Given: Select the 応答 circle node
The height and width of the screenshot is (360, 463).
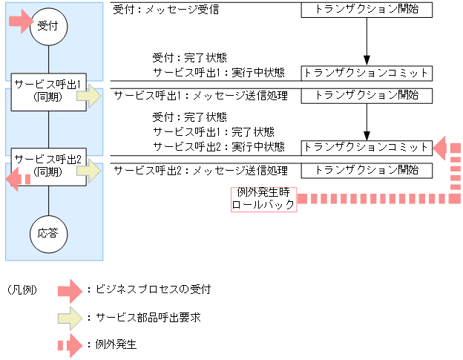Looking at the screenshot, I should [x=49, y=232].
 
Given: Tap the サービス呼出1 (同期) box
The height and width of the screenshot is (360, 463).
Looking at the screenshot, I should [x=49, y=91].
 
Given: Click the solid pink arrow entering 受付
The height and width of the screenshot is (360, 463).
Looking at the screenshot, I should [x=19, y=22].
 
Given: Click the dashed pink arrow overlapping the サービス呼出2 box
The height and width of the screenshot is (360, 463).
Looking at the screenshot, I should [x=19, y=179].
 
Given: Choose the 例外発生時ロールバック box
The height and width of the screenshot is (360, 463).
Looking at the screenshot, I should [x=264, y=199].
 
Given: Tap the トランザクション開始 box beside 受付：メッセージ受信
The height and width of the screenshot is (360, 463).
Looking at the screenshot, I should [x=367, y=10].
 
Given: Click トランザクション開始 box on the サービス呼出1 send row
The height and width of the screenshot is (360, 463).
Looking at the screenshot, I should [x=367, y=96].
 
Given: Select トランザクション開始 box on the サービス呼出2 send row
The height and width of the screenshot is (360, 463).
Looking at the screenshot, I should [x=367, y=170].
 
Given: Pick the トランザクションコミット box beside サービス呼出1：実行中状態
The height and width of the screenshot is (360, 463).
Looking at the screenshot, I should [x=367, y=73].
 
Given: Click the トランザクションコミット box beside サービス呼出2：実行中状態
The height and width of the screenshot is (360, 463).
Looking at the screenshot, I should [x=367, y=147].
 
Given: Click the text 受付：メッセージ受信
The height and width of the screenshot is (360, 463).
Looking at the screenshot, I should [x=166, y=11].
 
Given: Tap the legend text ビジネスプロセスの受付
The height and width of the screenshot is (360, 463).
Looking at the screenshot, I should [x=148, y=289].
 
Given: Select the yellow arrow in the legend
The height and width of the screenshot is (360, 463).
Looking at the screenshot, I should [x=71, y=317].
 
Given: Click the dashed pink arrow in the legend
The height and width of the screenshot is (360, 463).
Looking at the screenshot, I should [x=71, y=345].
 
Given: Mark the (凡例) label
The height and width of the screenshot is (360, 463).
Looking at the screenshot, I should [x=22, y=289].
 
